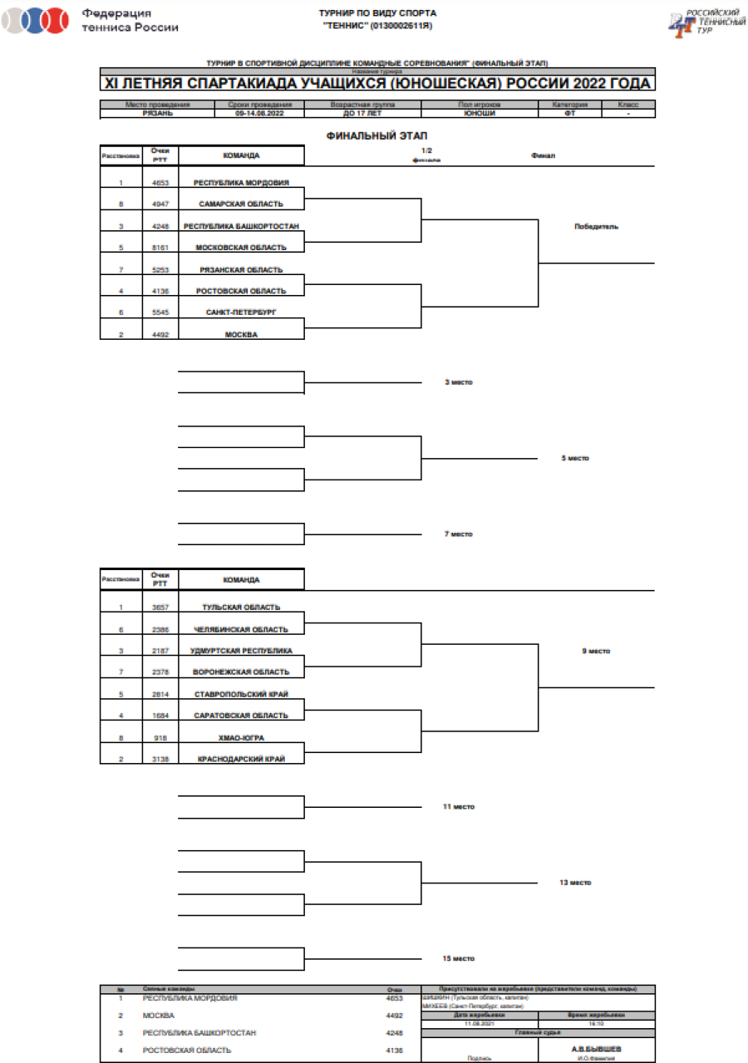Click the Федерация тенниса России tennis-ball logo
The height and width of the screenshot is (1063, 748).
coord(36,20)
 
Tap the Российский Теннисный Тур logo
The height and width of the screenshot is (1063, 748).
coord(704,21)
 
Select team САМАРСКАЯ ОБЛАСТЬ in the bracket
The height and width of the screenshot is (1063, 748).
coord(241,204)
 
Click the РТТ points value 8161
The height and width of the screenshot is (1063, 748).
coord(160,248)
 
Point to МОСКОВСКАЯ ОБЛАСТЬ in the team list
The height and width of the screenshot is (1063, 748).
coord(241,248)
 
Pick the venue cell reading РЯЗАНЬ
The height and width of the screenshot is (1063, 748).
coord(158,113)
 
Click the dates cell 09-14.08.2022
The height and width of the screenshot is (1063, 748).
coord(259,113)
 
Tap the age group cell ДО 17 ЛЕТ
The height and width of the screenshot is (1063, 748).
coord(362,113)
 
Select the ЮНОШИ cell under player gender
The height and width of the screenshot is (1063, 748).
coord(480,113)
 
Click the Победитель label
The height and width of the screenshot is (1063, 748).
coord(596,226)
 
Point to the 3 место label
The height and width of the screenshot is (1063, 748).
coord(458,382)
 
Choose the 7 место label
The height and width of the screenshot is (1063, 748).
coord(458,534)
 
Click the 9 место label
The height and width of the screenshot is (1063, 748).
coord(596,651)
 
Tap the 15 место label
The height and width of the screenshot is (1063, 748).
coord(458,958)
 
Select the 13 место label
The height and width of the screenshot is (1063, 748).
coord(574,883)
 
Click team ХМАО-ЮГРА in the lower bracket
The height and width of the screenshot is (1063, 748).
coord(241,737)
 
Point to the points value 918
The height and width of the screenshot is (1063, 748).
coord(160,737)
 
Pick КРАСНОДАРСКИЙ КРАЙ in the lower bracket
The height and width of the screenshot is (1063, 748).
coord(241,759)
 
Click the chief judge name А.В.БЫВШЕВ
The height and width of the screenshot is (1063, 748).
coord(596,1049)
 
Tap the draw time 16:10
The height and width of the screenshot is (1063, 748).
coord(596,1024)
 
